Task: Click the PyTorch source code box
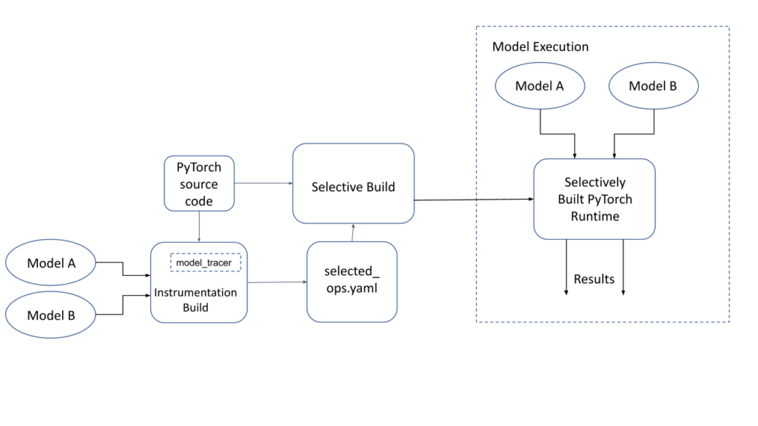tap(198, 184)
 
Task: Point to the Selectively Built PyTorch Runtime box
tap(594, 198)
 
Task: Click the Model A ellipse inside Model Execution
tap(540, 86)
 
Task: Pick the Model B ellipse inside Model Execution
tap(652, 86)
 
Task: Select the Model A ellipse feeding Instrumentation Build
tap(51, 263)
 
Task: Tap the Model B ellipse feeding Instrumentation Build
tap(51, 316)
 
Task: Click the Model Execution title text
tap(540, 47)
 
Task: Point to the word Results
tap(594, 279)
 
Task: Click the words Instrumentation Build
tap(195, 300)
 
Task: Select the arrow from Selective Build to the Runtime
tap(474, 199)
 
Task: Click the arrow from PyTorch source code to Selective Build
tap(263, 183)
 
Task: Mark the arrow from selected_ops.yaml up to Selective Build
tap(352, 232)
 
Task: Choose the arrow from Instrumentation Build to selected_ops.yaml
tap(277, 282)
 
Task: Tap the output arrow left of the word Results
tap(566, 266)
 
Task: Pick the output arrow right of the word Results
tap(623, 266)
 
